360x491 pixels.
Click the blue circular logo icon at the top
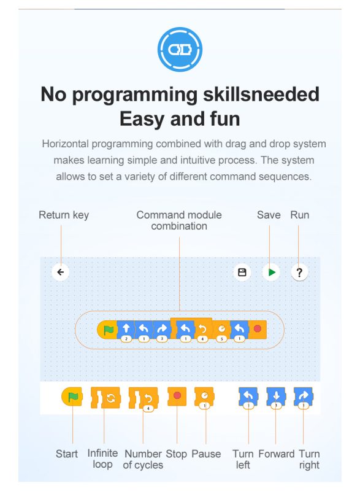click(180, 50)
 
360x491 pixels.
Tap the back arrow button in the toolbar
click(60, 272)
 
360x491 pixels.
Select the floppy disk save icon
click(242, 272)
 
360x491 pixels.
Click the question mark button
click(299, 273)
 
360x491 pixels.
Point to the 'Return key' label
click(64, 215)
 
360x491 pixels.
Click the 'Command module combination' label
click(179, 220)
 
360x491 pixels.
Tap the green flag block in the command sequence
click(107, 330)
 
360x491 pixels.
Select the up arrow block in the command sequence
click(126, 330)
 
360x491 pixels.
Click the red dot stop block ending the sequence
click(258, 330)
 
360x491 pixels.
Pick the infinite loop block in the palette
click(105, 398)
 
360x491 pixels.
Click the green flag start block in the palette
click(72, 396)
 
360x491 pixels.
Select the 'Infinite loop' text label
click(102, 458)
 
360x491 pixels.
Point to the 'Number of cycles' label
click(143, 459)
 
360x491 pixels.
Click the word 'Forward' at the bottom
click(277, 454)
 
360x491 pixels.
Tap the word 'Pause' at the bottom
click(206, 454)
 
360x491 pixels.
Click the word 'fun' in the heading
click(225, 119)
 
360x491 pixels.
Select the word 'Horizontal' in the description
click(66, 144)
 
